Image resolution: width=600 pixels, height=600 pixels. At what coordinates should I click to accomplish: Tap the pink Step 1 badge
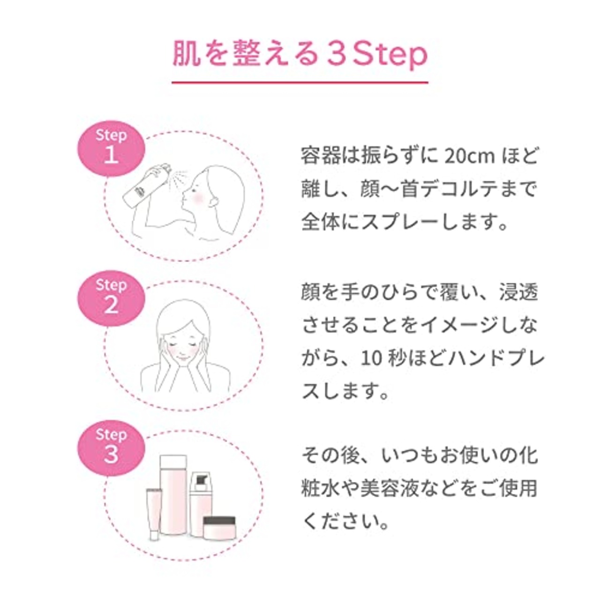[111, 148]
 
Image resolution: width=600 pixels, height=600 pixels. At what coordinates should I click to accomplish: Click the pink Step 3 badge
[111, 448]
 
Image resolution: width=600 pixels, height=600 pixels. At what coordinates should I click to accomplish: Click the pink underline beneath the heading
[300, 82]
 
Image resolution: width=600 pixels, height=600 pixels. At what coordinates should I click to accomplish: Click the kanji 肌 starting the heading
[186, 55]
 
